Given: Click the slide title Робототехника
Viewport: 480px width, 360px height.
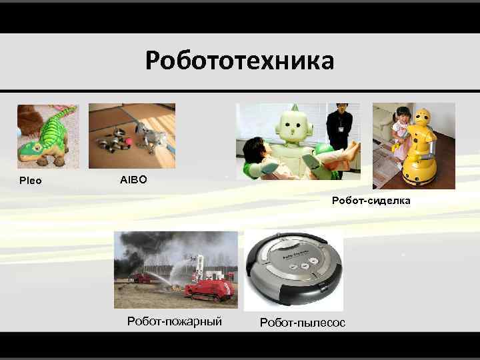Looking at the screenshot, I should coord(239,61).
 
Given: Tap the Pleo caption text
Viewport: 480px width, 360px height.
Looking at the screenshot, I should coord(30,181).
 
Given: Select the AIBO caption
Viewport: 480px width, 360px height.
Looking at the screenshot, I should coord(133,180).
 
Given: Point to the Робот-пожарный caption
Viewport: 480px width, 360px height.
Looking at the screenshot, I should coord(174,321).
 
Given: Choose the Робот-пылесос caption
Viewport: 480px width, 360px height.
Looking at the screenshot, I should coord(303,323).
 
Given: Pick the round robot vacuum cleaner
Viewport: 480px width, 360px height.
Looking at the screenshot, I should coord(293,269).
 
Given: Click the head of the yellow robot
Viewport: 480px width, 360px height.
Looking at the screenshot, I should coord(423,119).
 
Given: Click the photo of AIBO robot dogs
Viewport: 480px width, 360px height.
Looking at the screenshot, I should coord(132,136).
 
